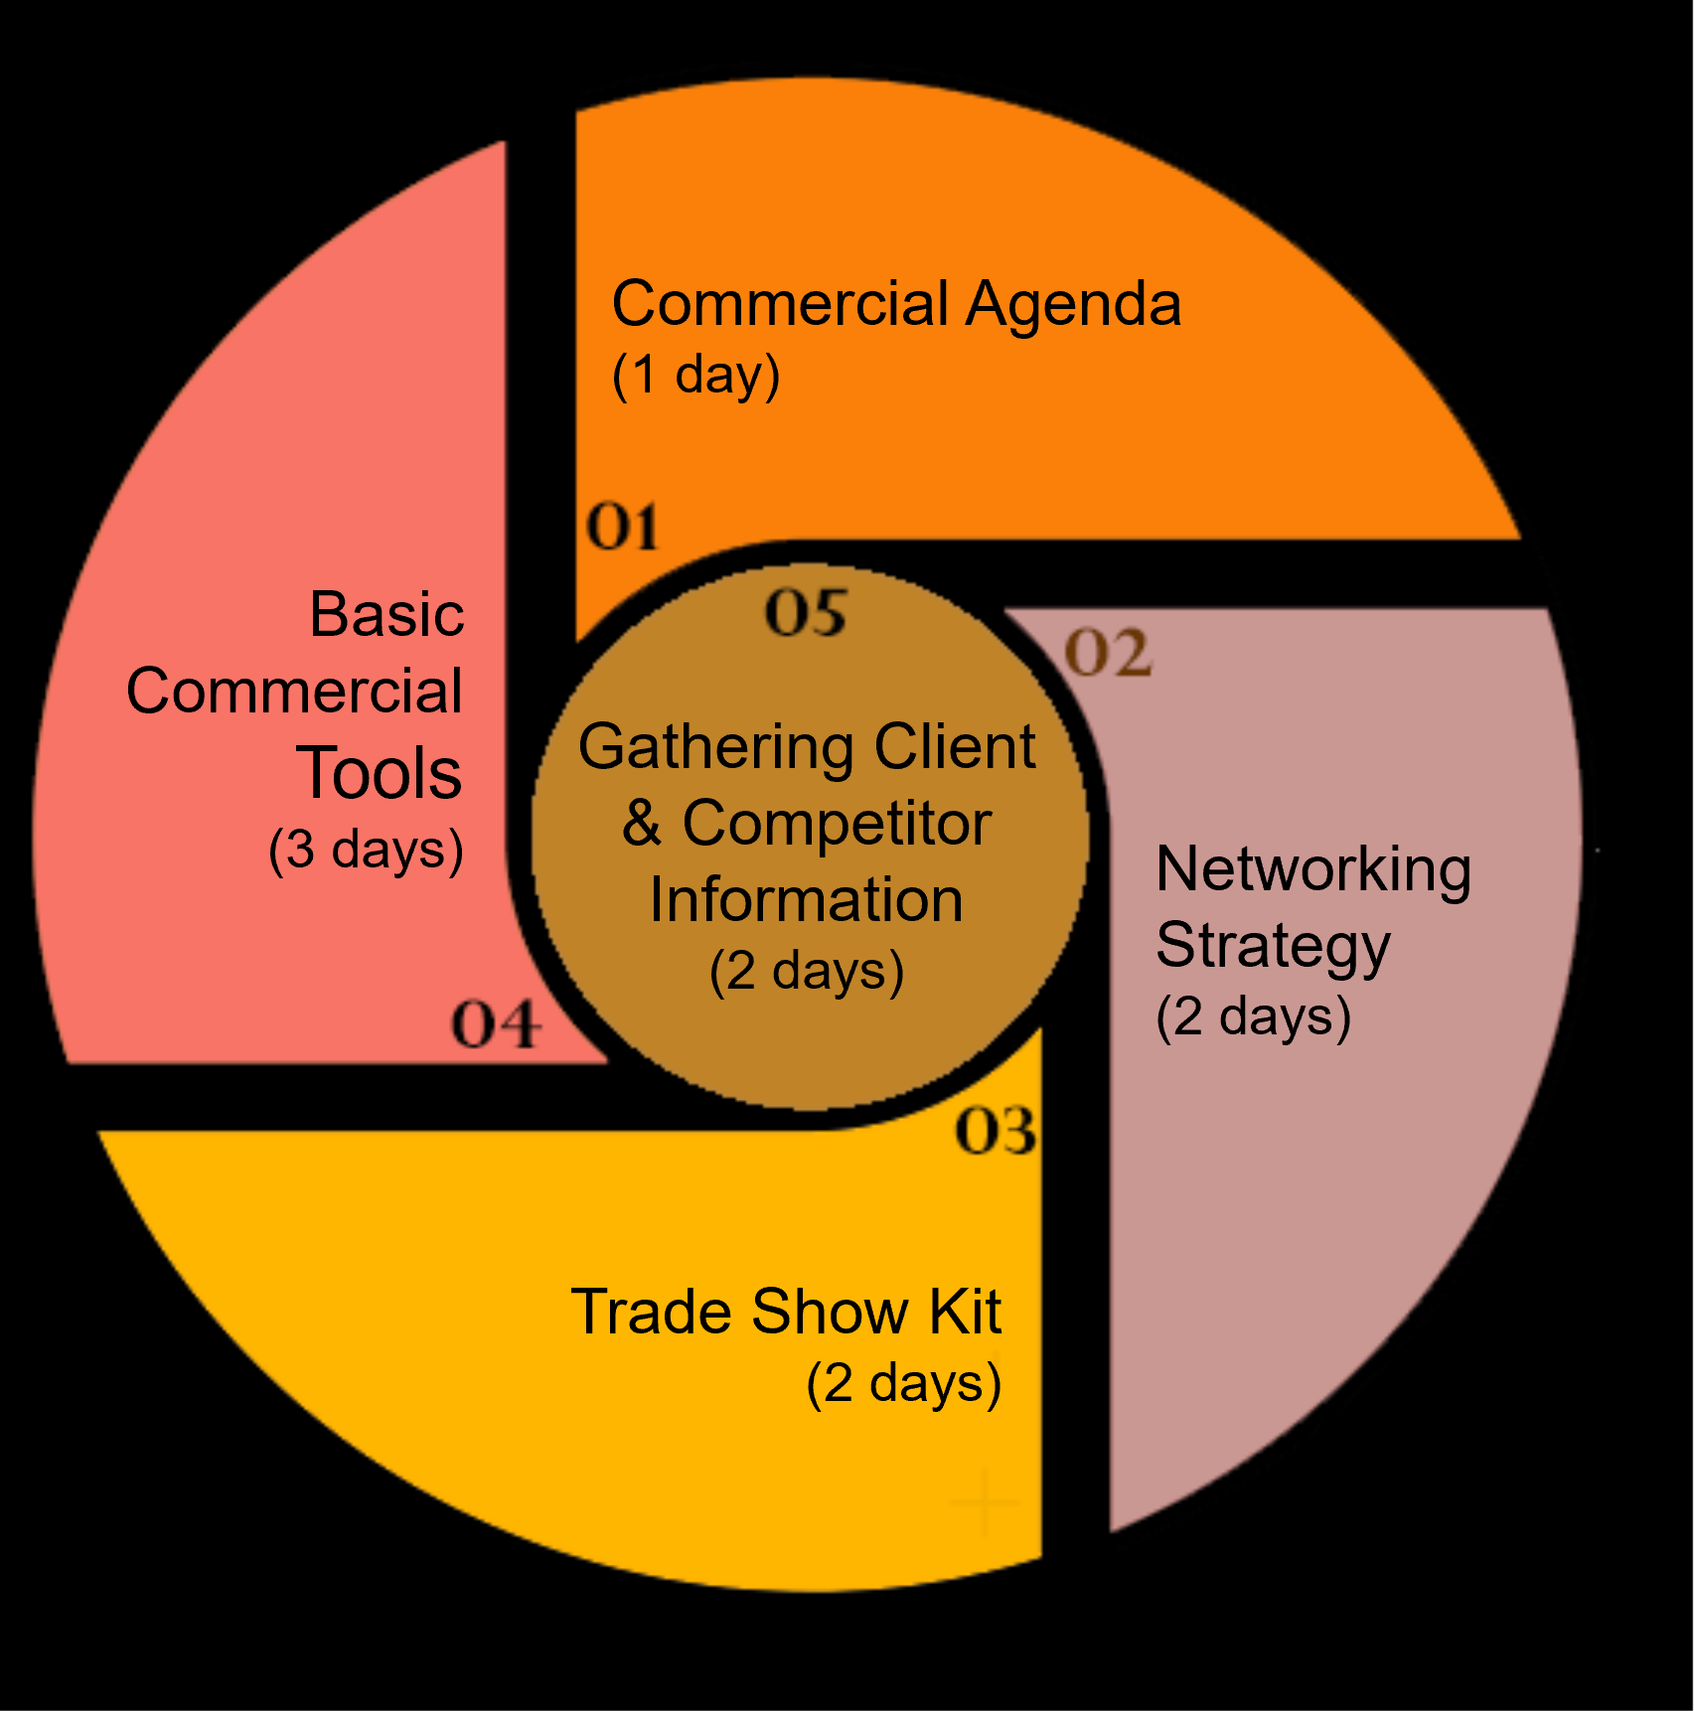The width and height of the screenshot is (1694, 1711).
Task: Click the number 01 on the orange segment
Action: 622,527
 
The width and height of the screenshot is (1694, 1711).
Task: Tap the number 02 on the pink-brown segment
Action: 1108,654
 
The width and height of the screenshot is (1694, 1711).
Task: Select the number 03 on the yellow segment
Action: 996,1131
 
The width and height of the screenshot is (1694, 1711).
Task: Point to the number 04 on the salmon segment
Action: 496,1024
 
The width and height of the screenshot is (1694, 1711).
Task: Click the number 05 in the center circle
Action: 806,612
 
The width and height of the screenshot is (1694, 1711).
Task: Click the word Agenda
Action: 1073,303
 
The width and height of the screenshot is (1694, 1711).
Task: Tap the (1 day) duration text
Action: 695,376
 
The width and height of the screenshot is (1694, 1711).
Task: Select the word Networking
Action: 1312,869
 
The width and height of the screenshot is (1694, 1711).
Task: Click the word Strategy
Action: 1273,946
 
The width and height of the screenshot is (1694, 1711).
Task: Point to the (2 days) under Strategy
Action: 1253,1017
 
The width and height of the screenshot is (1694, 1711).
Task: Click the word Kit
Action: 964,1312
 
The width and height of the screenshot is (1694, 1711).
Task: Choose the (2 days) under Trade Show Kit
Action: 903,1383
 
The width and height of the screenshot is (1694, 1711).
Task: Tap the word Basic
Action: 386,614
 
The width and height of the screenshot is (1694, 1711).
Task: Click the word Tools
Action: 379,773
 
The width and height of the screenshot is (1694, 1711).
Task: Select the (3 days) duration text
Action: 366,851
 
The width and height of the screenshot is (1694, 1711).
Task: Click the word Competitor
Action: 837,824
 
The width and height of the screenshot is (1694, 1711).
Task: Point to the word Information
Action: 806,900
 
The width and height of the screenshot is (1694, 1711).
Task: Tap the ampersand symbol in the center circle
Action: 642,824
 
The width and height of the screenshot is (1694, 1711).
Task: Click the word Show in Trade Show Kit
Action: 829,1312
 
